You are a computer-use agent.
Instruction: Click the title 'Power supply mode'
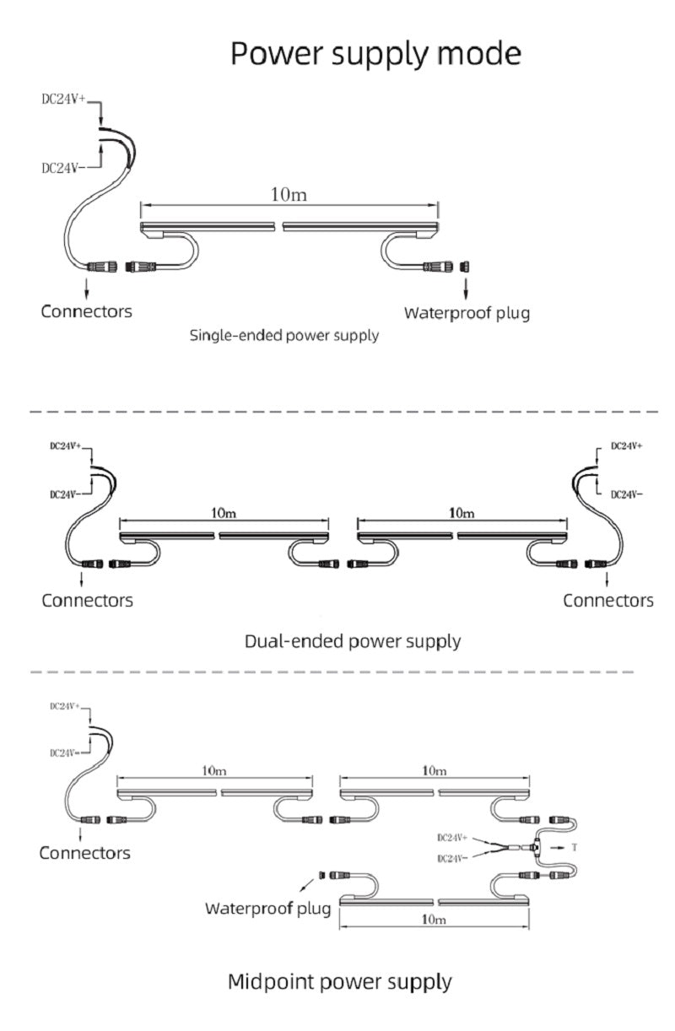(x=375, y=53)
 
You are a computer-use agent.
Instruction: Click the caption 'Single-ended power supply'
(x=283, y=336)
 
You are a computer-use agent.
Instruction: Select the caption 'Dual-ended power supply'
(x=353, y=641)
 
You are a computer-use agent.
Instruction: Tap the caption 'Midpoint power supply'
(x=340, y=982)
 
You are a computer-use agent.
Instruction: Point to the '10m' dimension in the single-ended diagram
(x=289, y=195)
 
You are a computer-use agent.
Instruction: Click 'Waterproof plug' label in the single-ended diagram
(x=467, y=314)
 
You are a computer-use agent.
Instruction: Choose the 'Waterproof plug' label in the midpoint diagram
(x=267, y=909)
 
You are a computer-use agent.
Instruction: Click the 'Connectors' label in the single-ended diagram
(x=87, y=311)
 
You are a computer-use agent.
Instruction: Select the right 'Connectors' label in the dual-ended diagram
(x=607, y=601)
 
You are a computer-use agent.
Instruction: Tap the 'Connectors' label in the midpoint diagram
(x=85, y=853)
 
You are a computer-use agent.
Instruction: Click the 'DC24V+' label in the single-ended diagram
(x=64, y=99)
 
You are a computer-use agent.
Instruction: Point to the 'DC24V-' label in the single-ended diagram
(x=63, y=168)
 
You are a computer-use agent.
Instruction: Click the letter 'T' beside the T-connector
(x=575, y=845)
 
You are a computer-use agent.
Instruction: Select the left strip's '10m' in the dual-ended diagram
(x=224, y=512)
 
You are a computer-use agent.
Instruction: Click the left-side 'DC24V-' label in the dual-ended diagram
(x=65, y=494)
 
